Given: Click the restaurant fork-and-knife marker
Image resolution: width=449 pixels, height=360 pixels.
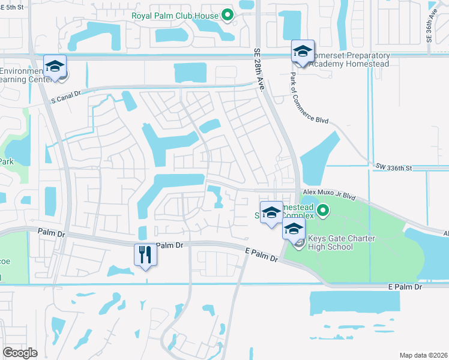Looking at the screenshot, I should (x=145, y=255).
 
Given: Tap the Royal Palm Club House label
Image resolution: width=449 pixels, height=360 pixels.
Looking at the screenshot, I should (x=175, y=15).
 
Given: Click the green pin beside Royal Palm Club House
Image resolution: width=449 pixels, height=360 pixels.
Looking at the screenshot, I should (x=227, y=15).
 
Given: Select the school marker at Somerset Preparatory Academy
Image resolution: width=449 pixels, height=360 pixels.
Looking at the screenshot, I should (x=303, y=52).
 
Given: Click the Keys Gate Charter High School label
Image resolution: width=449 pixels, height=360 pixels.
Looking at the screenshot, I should (x=341, y=243).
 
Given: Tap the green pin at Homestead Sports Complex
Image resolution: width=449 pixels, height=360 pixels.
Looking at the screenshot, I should (x=323, y=211).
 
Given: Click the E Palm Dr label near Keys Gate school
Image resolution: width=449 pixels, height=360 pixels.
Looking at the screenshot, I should (x=262, y=254).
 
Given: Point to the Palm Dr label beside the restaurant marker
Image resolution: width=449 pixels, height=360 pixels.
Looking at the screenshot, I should (x=170, y=245).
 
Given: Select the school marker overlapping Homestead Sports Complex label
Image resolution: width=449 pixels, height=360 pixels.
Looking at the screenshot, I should (x=271, y=213).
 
